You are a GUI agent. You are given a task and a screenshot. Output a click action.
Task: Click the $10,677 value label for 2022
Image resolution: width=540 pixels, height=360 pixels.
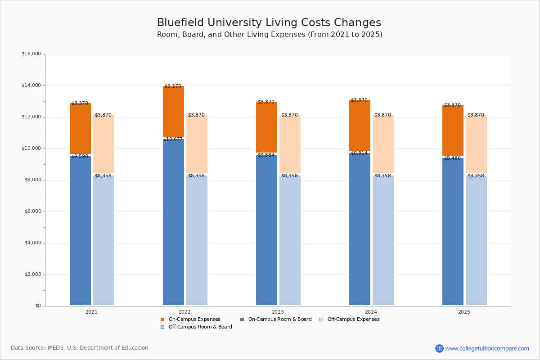173,139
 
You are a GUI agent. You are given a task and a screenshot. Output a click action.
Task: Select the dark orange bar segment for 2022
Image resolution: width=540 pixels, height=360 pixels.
173,111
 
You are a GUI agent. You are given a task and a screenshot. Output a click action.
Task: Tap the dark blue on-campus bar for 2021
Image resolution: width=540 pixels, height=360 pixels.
80,230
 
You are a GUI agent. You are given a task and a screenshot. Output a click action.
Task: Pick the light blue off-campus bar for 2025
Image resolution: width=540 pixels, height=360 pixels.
476,240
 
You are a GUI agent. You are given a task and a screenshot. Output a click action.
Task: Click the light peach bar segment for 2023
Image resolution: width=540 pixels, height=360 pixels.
290,144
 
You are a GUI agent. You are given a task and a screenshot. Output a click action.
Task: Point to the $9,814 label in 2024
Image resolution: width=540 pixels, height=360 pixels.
359,153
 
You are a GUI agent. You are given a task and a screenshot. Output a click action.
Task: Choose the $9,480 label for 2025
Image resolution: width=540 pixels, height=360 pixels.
452,158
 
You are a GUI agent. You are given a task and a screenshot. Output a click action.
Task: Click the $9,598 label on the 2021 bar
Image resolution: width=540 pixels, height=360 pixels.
80,156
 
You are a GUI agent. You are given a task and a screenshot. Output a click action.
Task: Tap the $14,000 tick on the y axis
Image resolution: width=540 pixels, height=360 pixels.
31,85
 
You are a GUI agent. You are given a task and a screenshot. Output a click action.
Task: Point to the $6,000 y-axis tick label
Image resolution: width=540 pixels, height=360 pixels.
33,211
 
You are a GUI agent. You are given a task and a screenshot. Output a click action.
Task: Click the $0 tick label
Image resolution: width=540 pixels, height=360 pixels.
38,306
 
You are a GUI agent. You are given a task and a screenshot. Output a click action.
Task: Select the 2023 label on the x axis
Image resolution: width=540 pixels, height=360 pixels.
278,312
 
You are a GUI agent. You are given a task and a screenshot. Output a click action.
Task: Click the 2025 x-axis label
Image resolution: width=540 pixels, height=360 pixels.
464,312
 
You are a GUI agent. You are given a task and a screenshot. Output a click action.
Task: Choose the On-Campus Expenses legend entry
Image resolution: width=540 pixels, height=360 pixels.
190,319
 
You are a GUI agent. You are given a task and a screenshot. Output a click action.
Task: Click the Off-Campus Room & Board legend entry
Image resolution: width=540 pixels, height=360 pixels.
196,327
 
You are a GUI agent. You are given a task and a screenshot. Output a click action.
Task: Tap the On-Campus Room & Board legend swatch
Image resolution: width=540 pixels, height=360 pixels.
242,319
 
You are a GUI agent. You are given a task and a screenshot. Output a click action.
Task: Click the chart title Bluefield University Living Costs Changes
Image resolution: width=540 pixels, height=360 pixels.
269,22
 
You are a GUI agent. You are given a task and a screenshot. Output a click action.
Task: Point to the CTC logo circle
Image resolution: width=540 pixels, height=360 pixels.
439,348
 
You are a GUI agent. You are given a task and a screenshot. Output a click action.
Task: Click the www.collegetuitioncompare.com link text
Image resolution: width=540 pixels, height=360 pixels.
487,348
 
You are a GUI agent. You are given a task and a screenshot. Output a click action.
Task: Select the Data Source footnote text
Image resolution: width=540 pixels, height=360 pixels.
80,348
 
